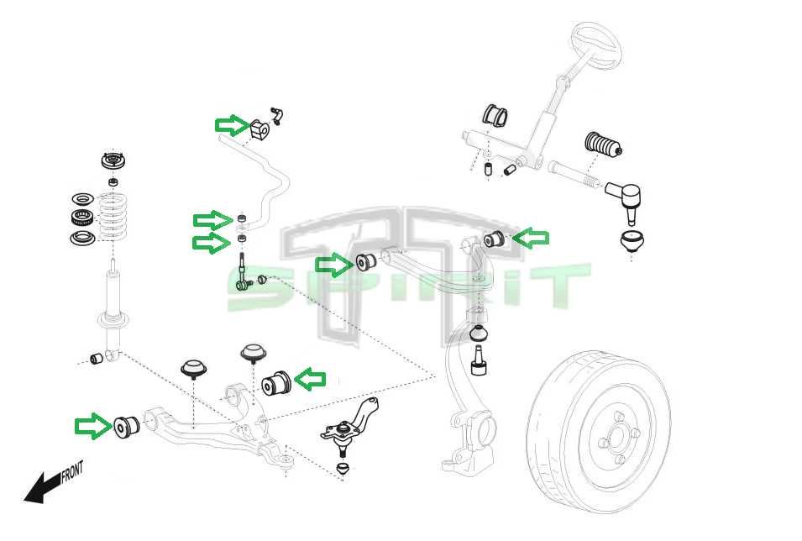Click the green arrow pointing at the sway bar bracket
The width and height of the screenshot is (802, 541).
(232, 125)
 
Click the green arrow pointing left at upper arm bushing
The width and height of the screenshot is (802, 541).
(530, 239)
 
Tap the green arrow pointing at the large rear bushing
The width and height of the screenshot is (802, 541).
(310, 380)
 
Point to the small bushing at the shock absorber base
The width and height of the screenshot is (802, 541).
(97, 359)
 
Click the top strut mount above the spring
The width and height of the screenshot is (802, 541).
(111, 162)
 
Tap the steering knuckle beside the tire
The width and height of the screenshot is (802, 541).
(467, 403)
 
